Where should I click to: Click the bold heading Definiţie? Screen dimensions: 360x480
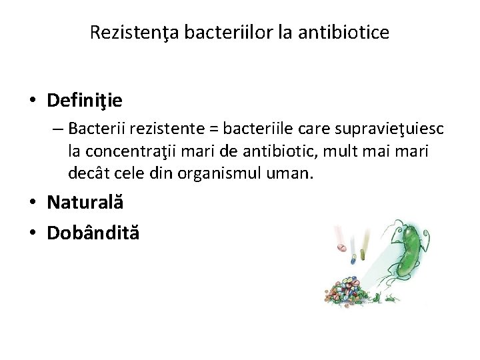pos(85,101)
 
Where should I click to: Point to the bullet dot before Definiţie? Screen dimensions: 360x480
pos(33,101)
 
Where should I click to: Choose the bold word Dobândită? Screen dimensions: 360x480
pos(93,233)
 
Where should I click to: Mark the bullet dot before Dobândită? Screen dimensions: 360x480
pos(33,233)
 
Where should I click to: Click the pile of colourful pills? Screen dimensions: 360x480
pos(349,290)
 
